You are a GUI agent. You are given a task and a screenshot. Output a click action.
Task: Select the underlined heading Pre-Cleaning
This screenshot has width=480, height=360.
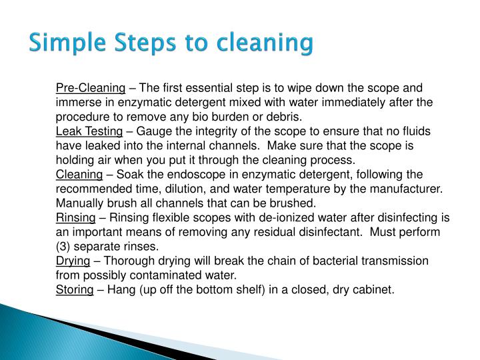pyautogui.click(x=91, y=89)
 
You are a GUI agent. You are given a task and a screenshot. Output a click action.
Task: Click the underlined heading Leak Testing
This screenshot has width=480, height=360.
pyautogui.click(x=89, y=132)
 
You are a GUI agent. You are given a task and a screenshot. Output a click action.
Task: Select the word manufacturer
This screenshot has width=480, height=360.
pyautogui.click(x=411, y=189)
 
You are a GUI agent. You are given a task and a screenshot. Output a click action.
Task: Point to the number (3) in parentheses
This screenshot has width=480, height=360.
pyautogui.click(x=63, y=247)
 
